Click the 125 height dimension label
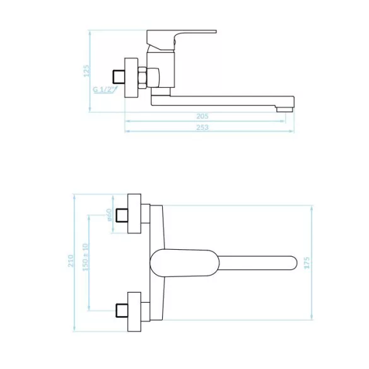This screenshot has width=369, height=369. pos(86,71)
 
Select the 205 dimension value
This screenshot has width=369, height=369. pos(202,116)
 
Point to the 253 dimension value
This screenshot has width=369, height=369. pos(202,127)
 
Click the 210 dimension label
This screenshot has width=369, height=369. pos(71,261)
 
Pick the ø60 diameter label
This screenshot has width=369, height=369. pos(109,215)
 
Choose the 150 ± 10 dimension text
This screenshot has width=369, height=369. pos(85,257)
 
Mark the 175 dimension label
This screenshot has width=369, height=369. pos(307,263)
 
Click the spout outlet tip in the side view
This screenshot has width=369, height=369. pos(284,109)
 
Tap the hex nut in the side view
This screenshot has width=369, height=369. pos(142,78)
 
